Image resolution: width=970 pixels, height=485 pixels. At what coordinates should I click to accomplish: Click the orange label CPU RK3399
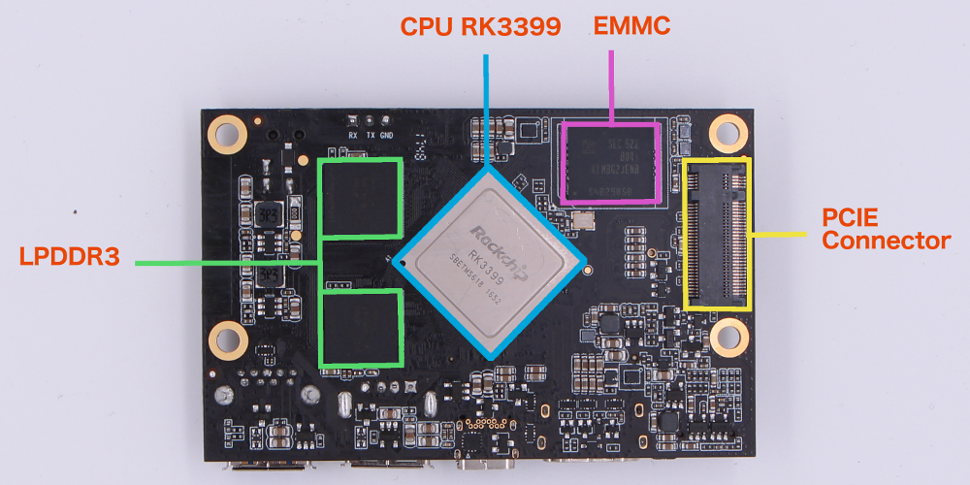(x=481, y=26)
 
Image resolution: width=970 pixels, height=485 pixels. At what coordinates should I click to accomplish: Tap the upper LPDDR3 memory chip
(x=362, y=199)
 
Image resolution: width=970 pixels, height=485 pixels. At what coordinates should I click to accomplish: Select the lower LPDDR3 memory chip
(x=362, y=327)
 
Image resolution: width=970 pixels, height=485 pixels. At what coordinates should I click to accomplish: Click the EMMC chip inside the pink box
(x=611, y=162)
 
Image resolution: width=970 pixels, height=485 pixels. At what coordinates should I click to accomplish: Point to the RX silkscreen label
(x=353, y=136)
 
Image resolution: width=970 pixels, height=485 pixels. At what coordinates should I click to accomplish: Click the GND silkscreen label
(x=387, y=136)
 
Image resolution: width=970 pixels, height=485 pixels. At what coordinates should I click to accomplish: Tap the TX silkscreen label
(x=371, y=136)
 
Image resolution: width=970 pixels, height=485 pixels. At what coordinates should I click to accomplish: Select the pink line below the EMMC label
(x=611, y=87)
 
